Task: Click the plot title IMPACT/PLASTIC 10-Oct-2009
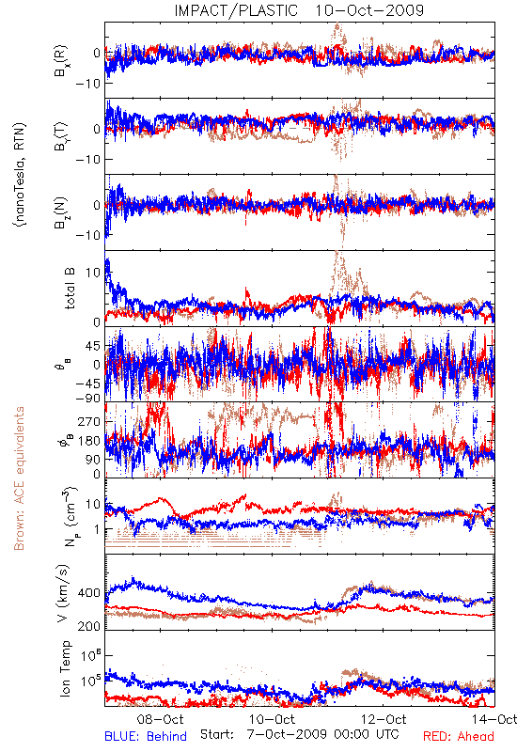click(299, 10)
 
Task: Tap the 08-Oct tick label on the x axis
click(160, 719)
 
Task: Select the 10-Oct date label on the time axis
click(272, 719)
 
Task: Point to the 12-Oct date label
click(384, 719)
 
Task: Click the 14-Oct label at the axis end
click(494, 719)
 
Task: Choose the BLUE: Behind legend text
click(146, 736)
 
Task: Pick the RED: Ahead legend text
click(459, 736)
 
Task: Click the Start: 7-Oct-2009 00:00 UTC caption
click(299, 734)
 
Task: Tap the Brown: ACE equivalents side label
click(19, 478)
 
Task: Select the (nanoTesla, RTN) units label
click(20, 174)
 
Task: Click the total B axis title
click(70, 289)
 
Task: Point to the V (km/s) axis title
click(63, 593)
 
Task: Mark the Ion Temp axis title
click(65, 668)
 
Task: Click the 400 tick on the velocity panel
click(89, 593)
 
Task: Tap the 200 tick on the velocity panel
click(89, 626)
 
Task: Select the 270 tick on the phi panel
click(89, 421)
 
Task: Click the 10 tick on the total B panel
click(93, 273)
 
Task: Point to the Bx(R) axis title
click(61, 61)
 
